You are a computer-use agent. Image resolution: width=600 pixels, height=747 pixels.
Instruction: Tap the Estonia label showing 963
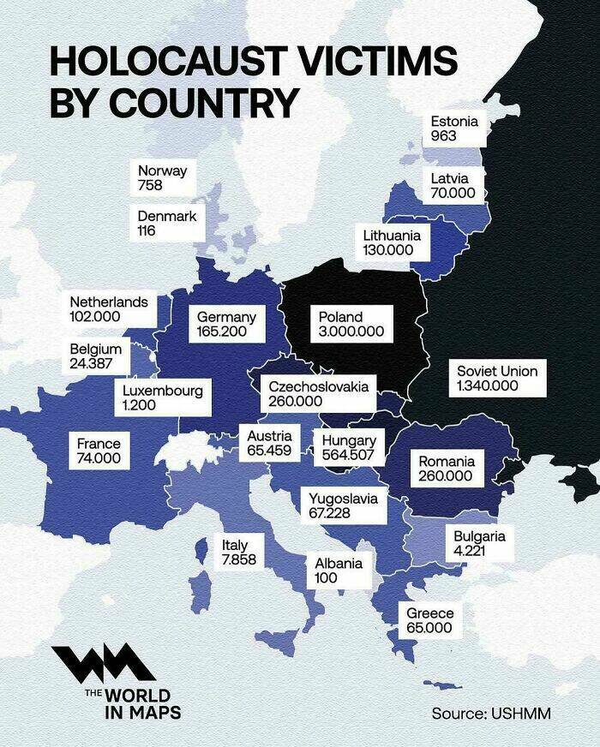tap(454, 128)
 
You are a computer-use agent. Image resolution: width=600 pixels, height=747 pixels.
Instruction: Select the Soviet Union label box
tap(497, 378)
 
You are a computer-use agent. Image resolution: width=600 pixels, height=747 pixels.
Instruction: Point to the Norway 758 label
tap(162, 177)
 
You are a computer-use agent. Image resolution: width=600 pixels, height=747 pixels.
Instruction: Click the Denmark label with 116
tap(166, 224)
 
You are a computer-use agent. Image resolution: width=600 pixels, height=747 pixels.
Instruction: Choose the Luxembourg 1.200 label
tap(163, 397)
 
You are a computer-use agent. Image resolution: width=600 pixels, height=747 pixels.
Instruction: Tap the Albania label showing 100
tap(339, 571)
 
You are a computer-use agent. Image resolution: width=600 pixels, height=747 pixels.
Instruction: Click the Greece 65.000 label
tap(429, 620)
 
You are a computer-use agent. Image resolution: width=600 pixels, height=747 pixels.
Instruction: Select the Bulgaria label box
tap(479, 543)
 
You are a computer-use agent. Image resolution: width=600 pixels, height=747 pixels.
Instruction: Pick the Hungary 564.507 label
tap(348, 447)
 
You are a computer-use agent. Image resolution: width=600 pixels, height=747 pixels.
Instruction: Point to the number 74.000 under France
tap(99, 458)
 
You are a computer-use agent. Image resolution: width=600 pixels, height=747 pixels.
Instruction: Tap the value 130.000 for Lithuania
tap(388, 249)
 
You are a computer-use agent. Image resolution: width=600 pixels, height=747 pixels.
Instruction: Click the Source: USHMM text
tap(490, 713)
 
